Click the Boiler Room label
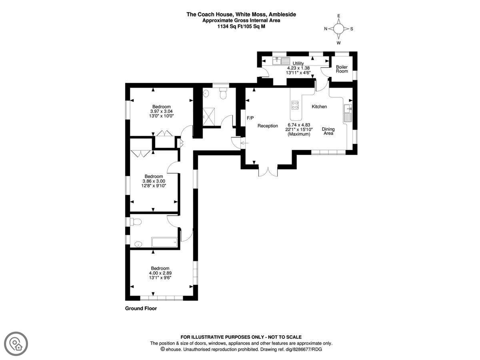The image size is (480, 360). pyautogui.click(x=342, y=69)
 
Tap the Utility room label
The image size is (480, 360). pyautogui.click(x=298, y=63)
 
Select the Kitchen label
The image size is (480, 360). pyautogui.click(x=319, y=107)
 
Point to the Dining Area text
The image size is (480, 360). pyautogui.click(x=328, y=131)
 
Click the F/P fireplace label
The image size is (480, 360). pyautogui.click(x=250, y=118)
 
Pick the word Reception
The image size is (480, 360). pyautogui.click(x=268, y=126)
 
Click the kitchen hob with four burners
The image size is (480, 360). pyautogui.click(x=295, y=105)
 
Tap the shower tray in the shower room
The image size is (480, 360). pyautogui.click(x=209, y=117)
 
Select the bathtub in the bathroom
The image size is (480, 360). pyautogui.click(x=164, y=242)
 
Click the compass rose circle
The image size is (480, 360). pyautogui.click(x=338, y=29)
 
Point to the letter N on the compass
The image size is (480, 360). pyautogui.click(x=325, y=29)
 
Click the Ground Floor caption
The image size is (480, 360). pyautogui.click(x=141, y=308)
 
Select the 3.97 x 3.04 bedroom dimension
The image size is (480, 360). pyautogui.click(x=161, y=111)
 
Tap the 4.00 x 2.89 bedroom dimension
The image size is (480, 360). pyautogui.click(x=160, y=273)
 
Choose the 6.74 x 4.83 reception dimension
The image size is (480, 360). pyautogui.click(x=299, y=125)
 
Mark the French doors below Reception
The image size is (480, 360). pyautogui.click(x=268, y=172)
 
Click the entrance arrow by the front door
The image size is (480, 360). pyautogui.click(x=244, y=143)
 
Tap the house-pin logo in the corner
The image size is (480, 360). pyautogui.click(x=16, y=344)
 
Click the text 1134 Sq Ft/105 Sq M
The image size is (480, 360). pyautogui.click(x=241, y=26)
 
